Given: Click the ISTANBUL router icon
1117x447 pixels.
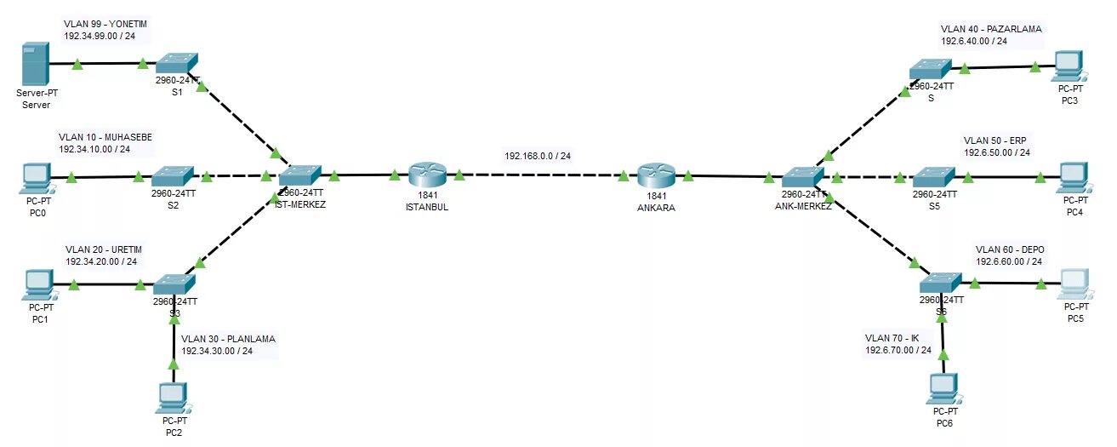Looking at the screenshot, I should coord(426,176).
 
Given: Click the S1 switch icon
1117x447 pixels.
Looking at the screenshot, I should coord(177,62).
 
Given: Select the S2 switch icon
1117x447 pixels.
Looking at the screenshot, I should coord(173,177).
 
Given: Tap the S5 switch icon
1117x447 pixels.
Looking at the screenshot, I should coord(933,177).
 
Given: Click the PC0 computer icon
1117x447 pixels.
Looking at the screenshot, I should coord(37,177).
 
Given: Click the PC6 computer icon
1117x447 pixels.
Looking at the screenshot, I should coord(943,388).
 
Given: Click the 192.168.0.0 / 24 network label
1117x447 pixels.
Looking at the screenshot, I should coord(538,157).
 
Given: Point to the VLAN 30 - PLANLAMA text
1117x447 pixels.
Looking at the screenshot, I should coord(228,338).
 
